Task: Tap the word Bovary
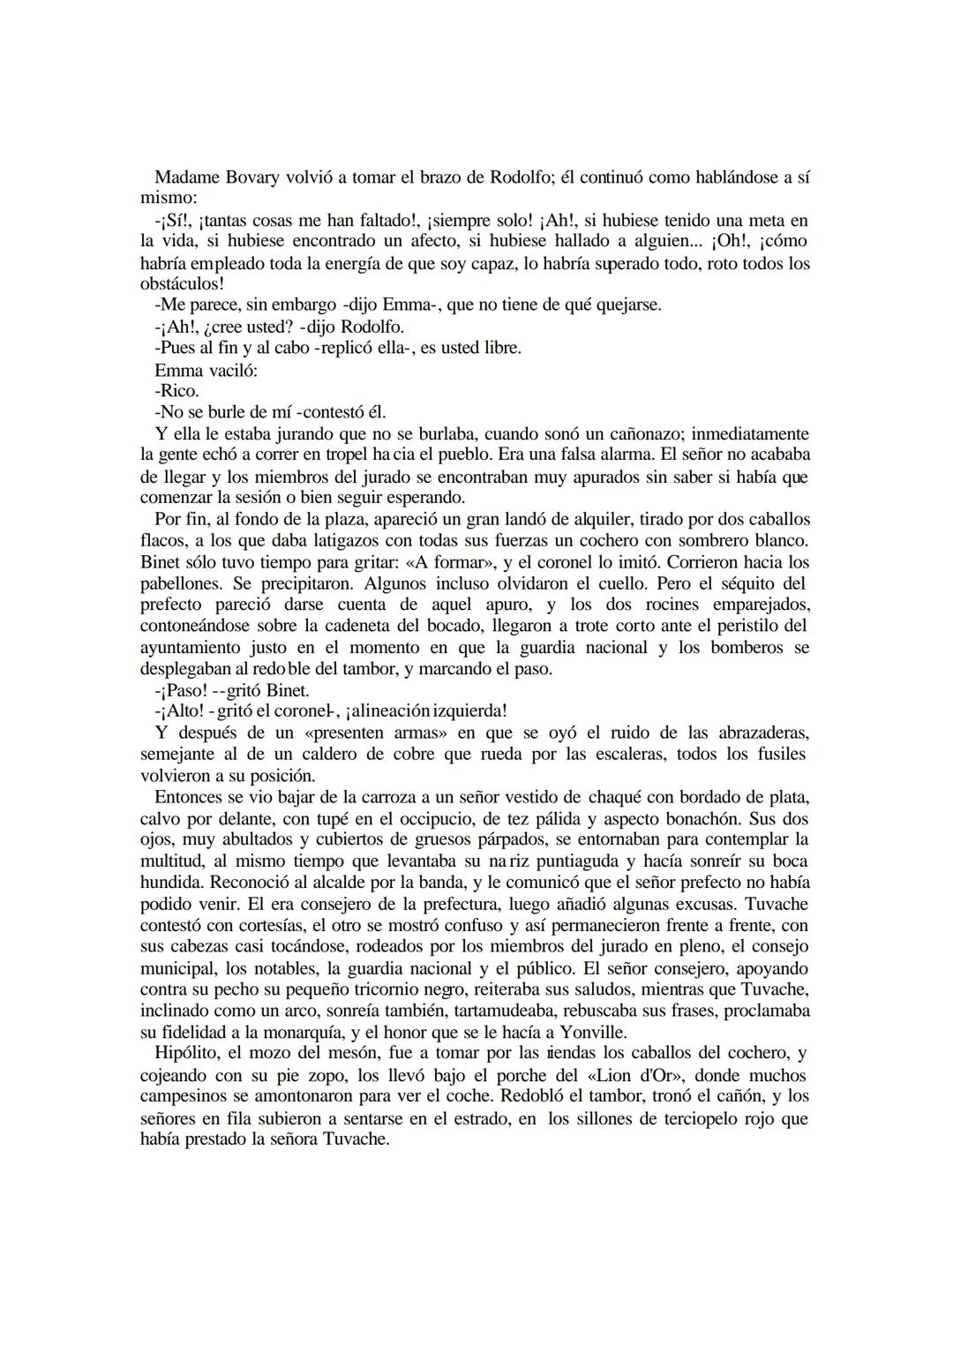[251, 177]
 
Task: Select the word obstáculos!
[183, 283]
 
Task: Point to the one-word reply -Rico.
[176, 390]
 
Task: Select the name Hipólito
[188, 1053]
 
